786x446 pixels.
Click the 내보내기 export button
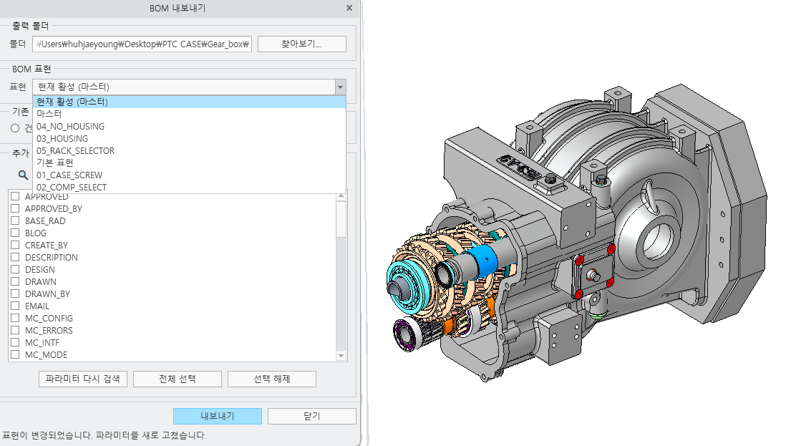pos(218,416)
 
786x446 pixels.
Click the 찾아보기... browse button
pos(302,44)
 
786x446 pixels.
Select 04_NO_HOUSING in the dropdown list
pos(71,126)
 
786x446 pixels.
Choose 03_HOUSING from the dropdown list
pos(62,138)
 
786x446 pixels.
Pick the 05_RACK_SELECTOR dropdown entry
pos(76,151)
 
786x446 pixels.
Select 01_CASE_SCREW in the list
pos(69,175)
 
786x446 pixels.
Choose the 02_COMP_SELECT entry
pos(72,187)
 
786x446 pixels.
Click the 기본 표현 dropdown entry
pos(55,163)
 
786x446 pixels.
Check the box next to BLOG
pos(15,233)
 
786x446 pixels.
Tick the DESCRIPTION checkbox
pos(15,257)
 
